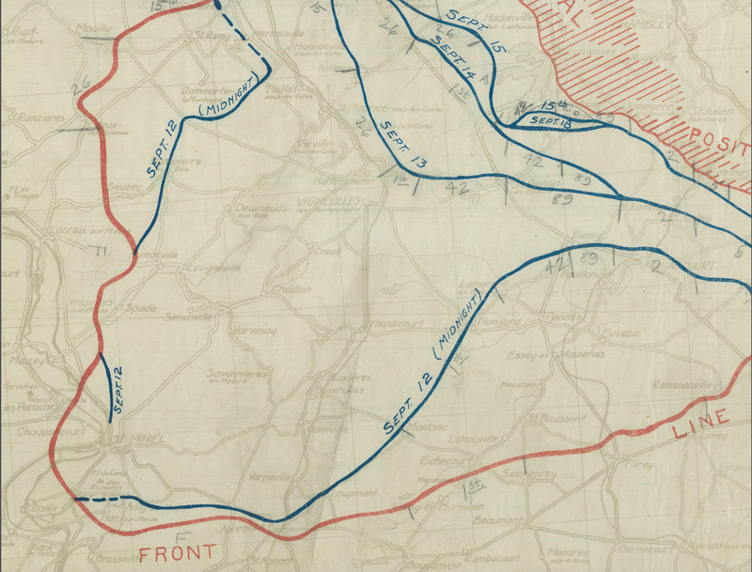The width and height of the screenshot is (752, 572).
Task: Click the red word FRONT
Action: click(x=178, y=552)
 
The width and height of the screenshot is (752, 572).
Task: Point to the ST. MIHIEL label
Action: click(x=138, y=439)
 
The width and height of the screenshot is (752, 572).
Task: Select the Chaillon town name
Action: click(x=290, y=289)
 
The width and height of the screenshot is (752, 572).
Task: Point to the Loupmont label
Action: click(x=353, y=492)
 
